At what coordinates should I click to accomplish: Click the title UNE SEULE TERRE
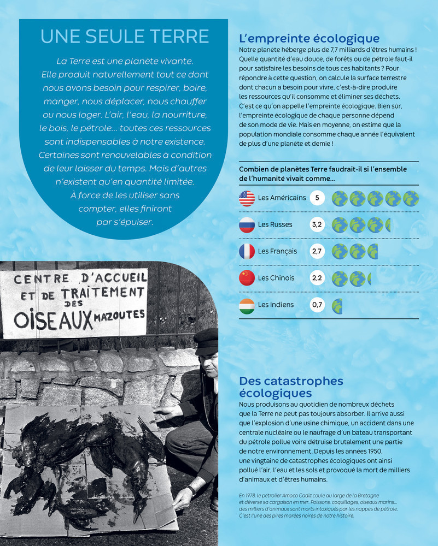pyautogui.click(x=125, y=37)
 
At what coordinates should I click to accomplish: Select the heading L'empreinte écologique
pyautogui.click(x=309, y=38)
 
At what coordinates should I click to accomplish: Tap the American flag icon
pyautogui.click(x=247, y=198)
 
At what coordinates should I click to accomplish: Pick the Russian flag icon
pyautogui.click(x=247, y=224)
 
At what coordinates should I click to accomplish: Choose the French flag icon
pyautogui.click(x=247, y=251)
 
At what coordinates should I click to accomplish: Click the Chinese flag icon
pyautogui.click(x=247, y=278)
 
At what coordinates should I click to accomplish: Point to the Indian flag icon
pyautogui.click(x=247, y=305)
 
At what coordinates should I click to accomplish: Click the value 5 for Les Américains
pyautogui.click(x=317, y=198)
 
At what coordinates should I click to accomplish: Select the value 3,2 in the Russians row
pyautogui.click(x=317, y=224)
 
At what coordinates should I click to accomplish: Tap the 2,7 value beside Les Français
pyautogui.click(x=317, y=251)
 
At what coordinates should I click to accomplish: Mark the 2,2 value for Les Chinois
pyautogui.click(x=317, y=278)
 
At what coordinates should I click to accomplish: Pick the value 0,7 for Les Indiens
pyautogui.click(x=317, y=305)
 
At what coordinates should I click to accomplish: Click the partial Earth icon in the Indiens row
pyautogui.click(x=337, y=305)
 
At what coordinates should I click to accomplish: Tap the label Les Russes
pyautogui.click(x=275, y=224)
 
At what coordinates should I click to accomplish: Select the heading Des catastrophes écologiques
pyautogui.click(x=291, y=387)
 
